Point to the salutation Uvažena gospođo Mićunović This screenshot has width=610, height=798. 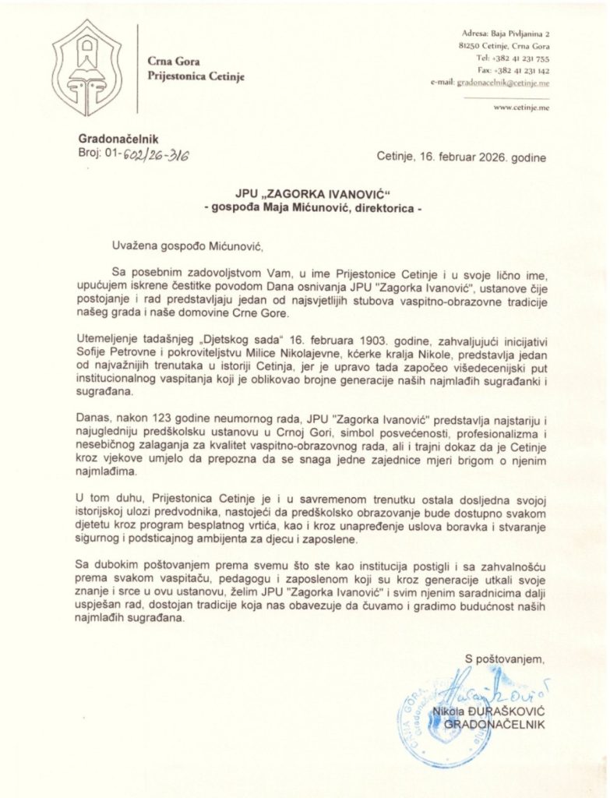pyautogui.click(x=182, y=249)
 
